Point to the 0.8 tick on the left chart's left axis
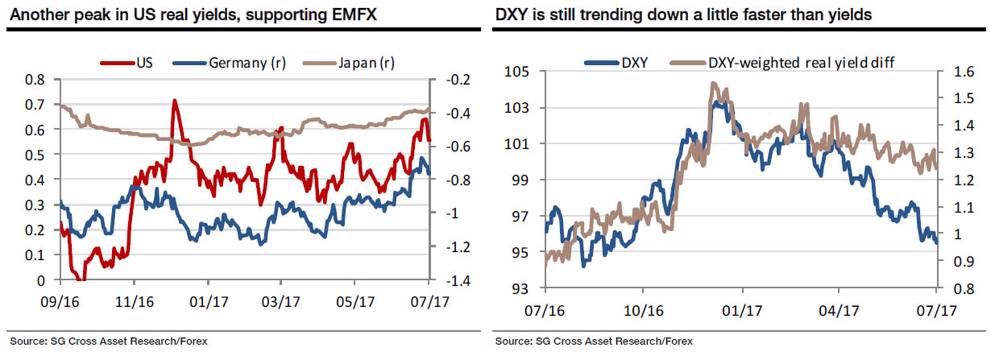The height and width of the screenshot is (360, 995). (x=35, y=80)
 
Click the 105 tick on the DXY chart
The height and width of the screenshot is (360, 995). (x=518, y=72)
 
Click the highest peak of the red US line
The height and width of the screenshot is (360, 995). (x=173, y=101)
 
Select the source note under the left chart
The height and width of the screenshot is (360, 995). (x=108, y=341)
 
